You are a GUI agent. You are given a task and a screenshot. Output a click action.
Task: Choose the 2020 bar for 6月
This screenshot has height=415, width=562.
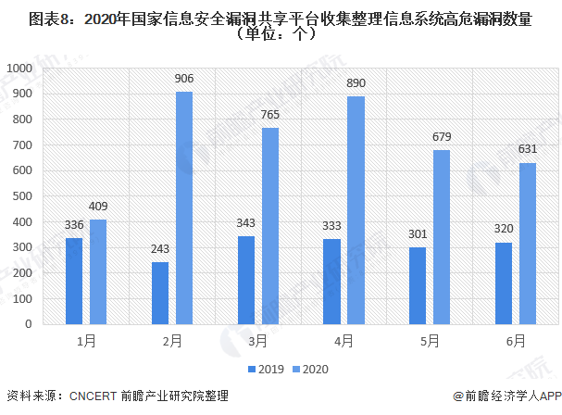(x=528, y=243)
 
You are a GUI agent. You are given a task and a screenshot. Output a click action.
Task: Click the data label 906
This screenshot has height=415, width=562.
(x=184, y=79)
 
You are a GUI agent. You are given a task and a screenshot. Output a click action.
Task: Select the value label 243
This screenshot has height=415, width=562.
(x=160, y=249)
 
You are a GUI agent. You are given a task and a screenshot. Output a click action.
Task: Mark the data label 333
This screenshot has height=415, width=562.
(x=331, y=226)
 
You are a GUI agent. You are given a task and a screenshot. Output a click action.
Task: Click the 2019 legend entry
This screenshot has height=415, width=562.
(x=266, y=369)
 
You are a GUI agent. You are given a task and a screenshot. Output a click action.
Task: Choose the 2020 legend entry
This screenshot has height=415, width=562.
(x=310, y=369)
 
